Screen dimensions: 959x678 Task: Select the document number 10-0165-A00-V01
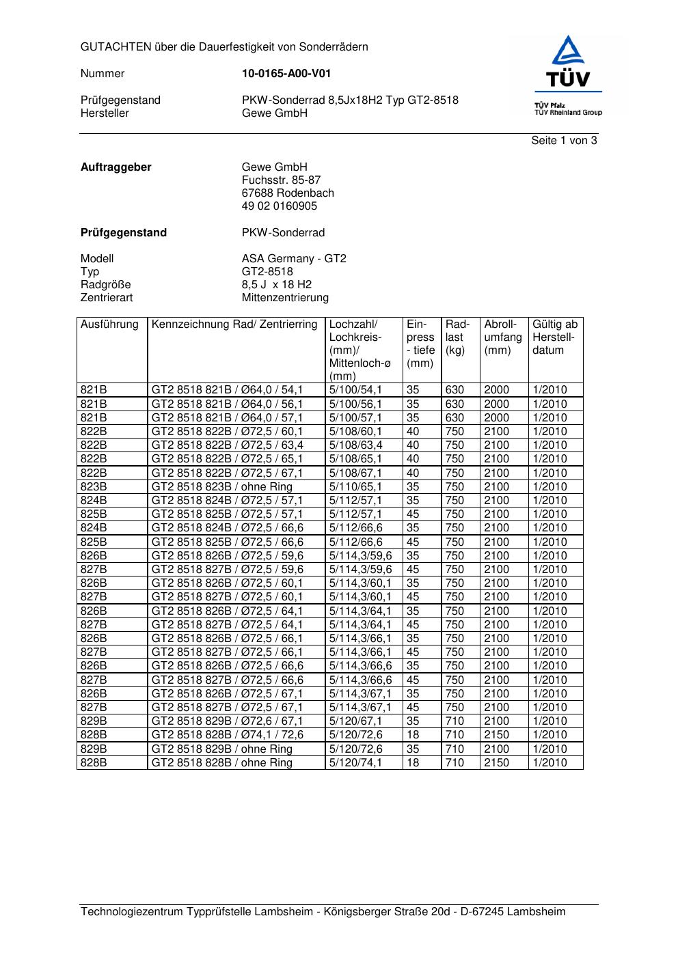click(286, 74)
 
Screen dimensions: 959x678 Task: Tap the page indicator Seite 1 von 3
click(564, 141)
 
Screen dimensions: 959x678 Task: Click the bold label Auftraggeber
click(116, 167)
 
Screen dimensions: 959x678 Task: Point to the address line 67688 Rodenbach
click(288, 193)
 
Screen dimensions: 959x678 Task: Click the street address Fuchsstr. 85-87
click(281, 180)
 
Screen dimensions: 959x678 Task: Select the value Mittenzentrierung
click(285, 298)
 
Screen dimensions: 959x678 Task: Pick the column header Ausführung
click(109, 324)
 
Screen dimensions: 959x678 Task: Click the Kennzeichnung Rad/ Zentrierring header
click(234, 324)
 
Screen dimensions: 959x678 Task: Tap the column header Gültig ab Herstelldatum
click(555, 337)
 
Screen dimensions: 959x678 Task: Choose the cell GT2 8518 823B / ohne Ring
click(222, 487)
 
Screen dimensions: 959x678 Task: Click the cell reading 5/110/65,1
click(355, 487)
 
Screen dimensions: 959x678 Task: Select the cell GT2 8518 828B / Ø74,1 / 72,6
click(228, 735)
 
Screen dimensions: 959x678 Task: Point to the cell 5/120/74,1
click(355, 763)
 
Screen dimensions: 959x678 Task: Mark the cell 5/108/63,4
click(355, 445)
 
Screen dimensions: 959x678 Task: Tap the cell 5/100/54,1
click(355, 390)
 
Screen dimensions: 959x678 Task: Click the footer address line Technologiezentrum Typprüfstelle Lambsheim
click(323, 912)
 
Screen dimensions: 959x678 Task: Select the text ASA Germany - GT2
click(294, 259)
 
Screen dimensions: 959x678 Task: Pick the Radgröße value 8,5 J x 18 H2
click(277, 285)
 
